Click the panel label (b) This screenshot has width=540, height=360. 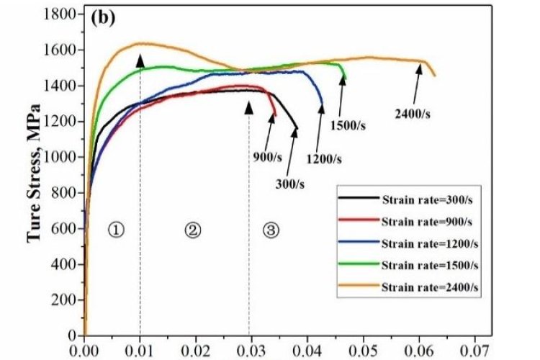[x=100, y=17]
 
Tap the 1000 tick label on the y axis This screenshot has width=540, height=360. [x=61, y=157]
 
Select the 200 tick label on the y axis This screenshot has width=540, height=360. [x=65, y=300]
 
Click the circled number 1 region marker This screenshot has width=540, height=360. [x=117, y=230]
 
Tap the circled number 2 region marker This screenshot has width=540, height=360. [x=192, y=230]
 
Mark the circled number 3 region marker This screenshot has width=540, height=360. [x=270, y=230]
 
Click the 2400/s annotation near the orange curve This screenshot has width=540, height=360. [x=415, y=112]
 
